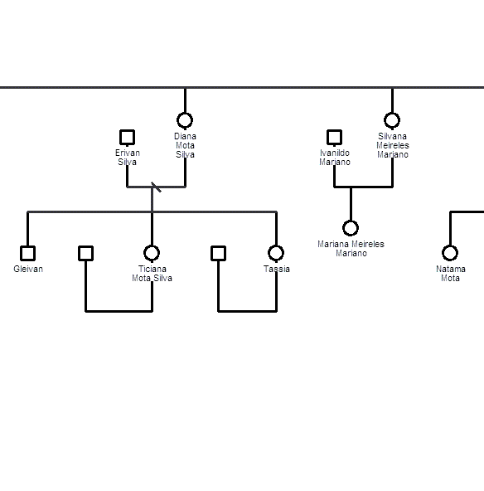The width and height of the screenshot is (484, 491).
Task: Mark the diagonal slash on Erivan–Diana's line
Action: click(x=156, y=187)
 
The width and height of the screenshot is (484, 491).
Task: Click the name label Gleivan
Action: click(x=28, y=269)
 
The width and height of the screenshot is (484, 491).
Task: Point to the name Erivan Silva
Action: click(x=128, y=158)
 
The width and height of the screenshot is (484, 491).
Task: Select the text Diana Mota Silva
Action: click(x=185, y=145)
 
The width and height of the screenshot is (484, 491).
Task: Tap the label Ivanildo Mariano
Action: click(x=335, y=158)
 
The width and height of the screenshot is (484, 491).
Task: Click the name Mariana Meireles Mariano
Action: click(x=351, y=249)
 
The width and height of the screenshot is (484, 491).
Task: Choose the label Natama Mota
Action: click(x=451, y=274)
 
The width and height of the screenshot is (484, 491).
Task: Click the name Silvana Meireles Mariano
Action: click(x=393, y=145)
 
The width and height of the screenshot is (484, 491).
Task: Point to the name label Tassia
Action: click(x=277, y=269)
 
